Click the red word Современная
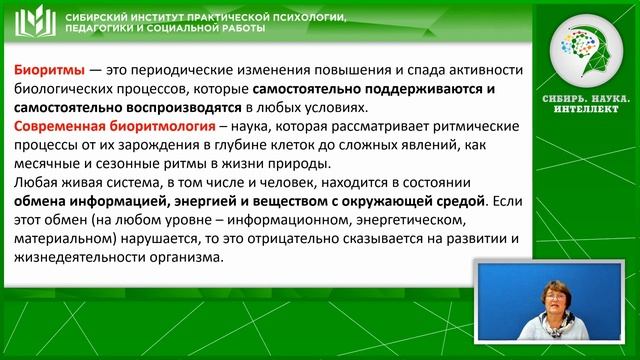click(63, 127)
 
